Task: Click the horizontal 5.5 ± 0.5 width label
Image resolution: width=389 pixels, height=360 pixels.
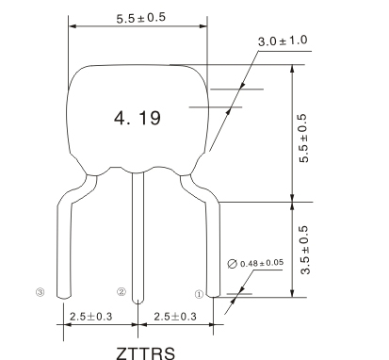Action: click(140, 18)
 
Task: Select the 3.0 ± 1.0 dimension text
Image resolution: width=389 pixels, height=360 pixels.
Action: click(283, 41)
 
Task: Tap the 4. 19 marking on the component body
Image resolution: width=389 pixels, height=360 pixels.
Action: click(138, 118)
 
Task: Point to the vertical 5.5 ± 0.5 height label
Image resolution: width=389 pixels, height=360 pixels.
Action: click(304, 139)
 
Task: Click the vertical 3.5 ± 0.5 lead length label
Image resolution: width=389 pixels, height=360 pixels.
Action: click(304, 250)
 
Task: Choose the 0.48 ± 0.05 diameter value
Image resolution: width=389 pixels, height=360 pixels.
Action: click(262, 263)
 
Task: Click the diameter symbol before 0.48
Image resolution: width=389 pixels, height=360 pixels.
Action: click(232, 264)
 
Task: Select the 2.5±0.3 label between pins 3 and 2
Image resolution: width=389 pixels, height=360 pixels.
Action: click(90, 317)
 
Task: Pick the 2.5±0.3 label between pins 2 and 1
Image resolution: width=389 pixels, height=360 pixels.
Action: click(175, 317)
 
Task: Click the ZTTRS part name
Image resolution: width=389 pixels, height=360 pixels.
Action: click(145, 353)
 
